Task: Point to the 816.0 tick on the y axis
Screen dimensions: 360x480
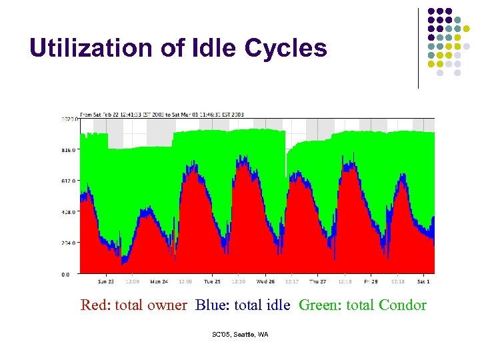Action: [x=69, y=151]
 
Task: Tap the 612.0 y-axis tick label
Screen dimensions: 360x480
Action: [x=69, y=181]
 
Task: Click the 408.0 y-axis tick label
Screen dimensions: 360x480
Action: [x=69, y=212]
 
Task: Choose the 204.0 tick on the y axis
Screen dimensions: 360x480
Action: [x=69, y=243]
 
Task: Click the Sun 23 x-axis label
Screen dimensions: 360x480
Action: [x=107, y=281]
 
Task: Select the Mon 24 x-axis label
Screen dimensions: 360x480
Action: [x=159, y=281]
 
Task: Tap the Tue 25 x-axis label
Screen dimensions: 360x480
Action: [x=211, y=281]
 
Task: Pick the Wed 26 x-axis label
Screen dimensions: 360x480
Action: [x=265, y=281]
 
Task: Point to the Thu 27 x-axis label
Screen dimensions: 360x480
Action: [x=317, y=281]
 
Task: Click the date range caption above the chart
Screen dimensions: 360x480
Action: [x=162, y=115]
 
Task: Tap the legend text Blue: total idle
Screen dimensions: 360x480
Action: [x=243, y=305]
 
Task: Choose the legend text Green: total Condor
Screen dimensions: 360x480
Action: [x=362, y=305]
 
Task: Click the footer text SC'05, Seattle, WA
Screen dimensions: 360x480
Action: [x=239, y=334]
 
